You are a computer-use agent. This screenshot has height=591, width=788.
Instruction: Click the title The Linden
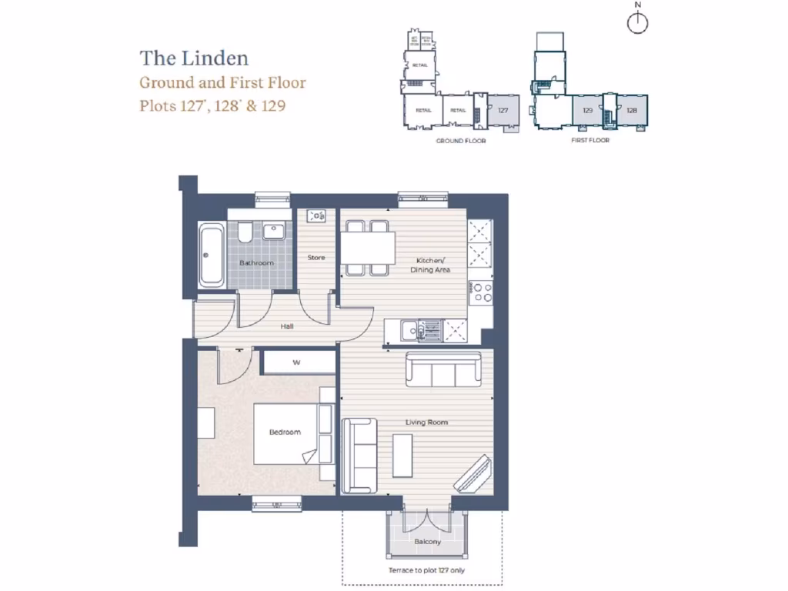click(x=194, y=58)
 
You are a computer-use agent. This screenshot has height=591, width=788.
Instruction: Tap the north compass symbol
click(x=637, y=23)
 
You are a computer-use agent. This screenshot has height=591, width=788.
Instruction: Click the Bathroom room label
click(x=256, y=263)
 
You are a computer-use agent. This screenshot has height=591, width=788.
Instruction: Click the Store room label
click(x=316, y=258)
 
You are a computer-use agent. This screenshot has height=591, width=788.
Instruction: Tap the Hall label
click(x=287, y=326)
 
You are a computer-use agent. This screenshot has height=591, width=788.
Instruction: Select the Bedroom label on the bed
click(x=285, y=432)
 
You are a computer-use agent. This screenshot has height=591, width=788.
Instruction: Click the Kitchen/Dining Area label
click(x=431, y=265)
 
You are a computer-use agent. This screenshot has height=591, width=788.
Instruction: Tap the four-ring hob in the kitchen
click(x=482, y=292)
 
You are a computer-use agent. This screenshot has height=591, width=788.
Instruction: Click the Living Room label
click(x=428, y=422)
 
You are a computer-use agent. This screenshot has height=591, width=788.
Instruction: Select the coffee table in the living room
click(x=402, y=456)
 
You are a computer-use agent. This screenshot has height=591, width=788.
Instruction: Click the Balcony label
click(x=428, y=542)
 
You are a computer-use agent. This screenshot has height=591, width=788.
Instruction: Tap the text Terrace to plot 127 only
click(x=427, y=571)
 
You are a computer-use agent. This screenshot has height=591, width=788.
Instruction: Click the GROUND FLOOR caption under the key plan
click(x=461, y=141)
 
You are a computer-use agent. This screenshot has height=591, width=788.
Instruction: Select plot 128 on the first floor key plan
click(x=633, y=110)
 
